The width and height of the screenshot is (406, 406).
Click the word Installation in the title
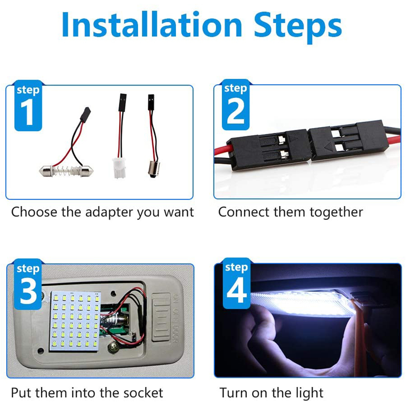pyautogui.click(x=152, y=25)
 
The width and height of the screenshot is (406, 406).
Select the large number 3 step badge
pyautogui.click(x=28, y=284)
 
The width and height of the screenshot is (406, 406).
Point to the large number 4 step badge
pyautogui.click(x=237, y=283)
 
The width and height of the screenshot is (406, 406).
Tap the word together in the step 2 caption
pyautogui.click(x=336, y=213)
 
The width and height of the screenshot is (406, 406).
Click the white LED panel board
pyautogui.click(x=75, y=321)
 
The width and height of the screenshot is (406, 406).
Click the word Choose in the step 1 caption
pyautogui.click(x=34, y=212)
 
